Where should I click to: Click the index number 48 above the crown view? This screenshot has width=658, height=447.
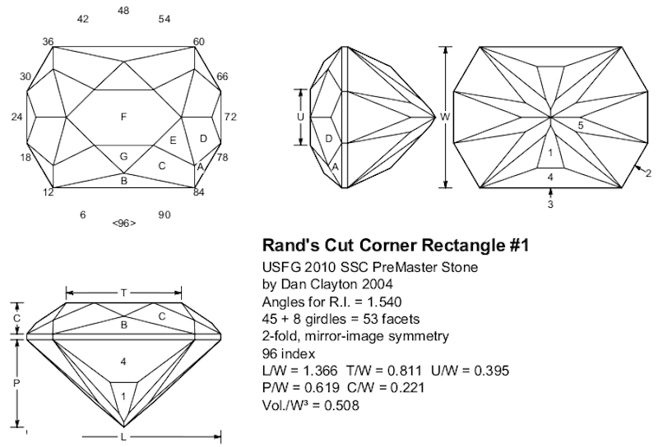tap(123, 11)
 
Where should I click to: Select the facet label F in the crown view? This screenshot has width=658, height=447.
tap(123, 118)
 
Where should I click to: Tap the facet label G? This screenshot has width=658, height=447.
tap(123, 156)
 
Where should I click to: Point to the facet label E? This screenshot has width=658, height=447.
tap(173, 141)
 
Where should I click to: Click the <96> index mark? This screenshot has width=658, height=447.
tap(123, 223)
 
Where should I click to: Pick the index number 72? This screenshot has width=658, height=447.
tap(230, 118)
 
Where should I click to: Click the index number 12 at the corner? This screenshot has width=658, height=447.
tap(49, 192)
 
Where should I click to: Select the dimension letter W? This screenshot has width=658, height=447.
tap(445, 118)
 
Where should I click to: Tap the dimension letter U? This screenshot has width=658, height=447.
tap(301, 118)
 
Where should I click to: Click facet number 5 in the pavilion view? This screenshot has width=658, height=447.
tap(581, 126)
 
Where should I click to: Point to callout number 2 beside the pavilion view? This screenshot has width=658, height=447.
tap(648, 173)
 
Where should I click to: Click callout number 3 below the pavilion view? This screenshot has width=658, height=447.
tap(551, 205)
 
